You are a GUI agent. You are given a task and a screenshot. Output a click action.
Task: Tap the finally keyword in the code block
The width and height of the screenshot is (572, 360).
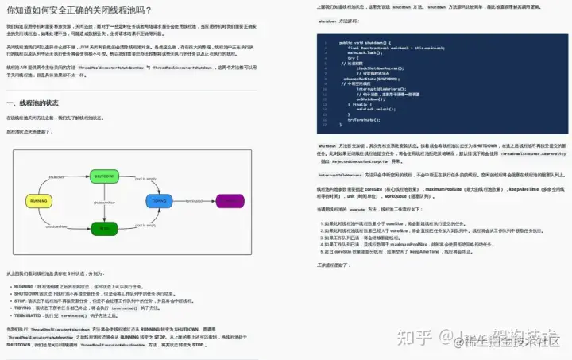[354, 104]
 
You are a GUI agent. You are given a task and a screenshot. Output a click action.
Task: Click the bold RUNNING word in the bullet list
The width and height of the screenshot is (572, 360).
[24, 285]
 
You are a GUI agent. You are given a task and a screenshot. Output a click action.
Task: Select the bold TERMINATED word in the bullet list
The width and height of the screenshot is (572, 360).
[29, 315]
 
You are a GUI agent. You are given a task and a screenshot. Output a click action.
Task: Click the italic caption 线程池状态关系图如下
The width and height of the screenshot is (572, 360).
[29, 131]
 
